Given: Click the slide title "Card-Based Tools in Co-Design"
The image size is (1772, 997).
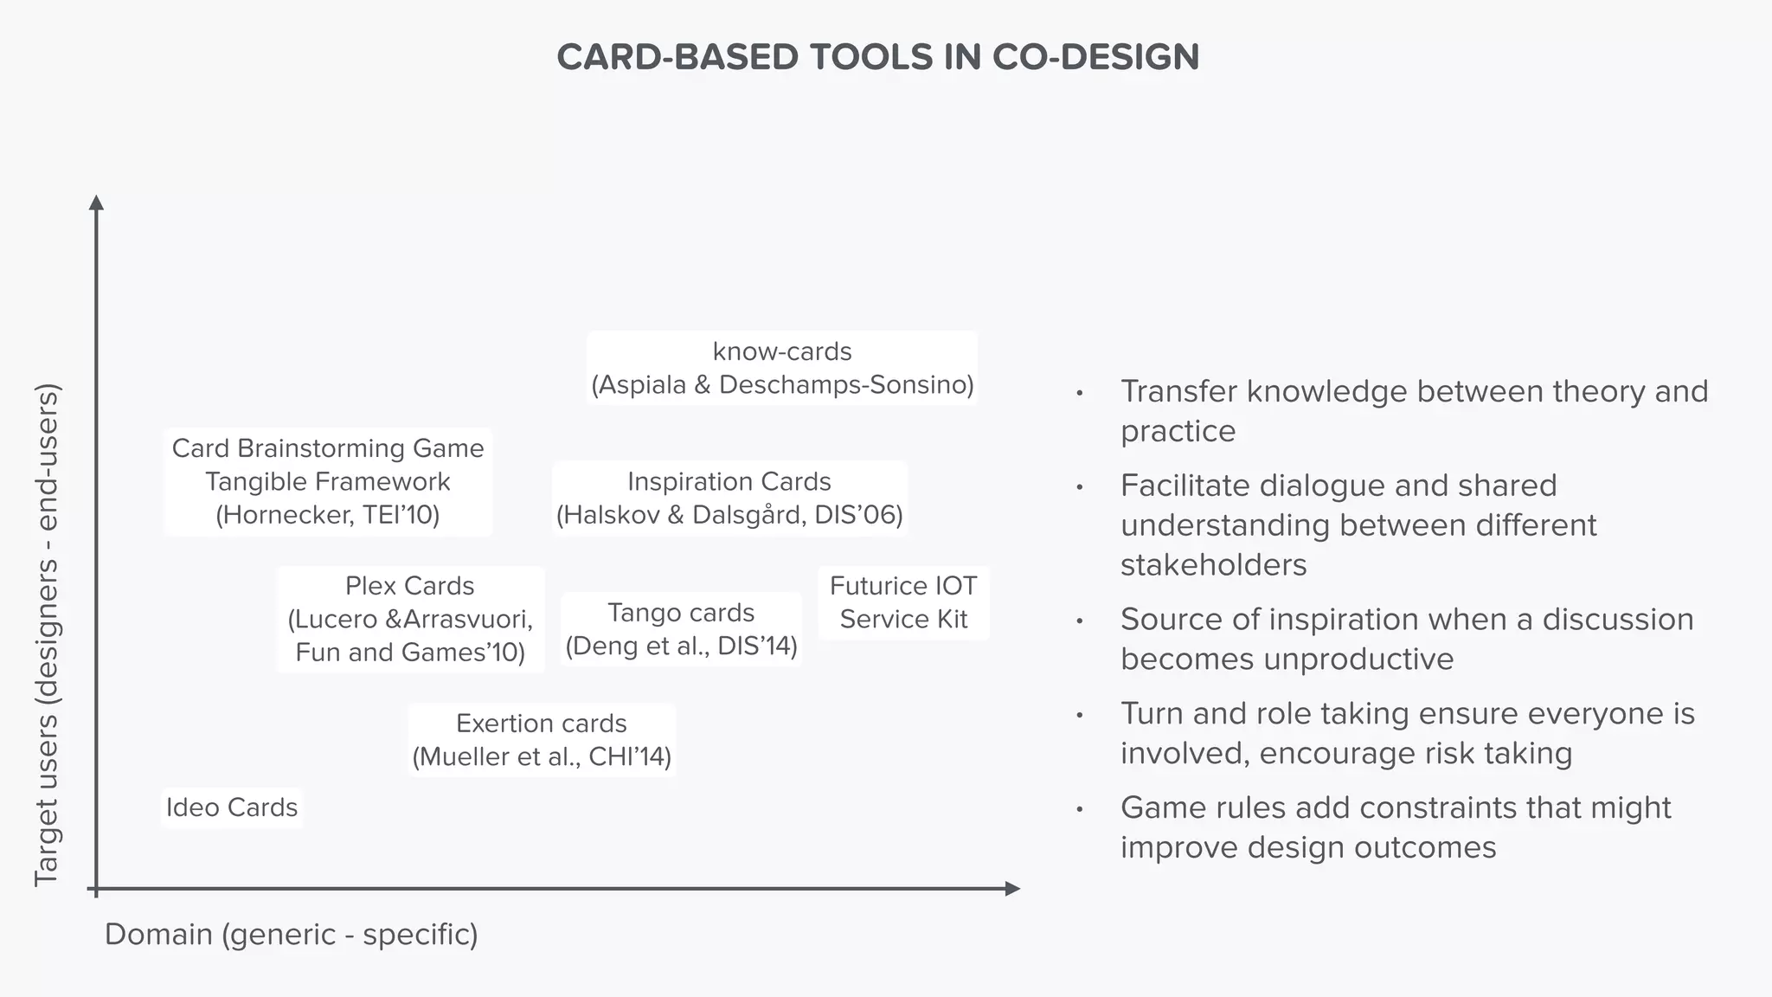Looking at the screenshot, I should (877, 57).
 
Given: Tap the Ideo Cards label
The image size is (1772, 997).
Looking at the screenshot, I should (232, 807).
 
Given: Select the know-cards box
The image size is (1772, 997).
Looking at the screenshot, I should (782, 368).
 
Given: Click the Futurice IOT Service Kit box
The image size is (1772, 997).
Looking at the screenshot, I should (903, 602).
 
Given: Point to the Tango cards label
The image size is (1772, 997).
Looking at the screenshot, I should (681, 613).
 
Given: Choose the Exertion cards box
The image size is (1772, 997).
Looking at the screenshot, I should (542, 739).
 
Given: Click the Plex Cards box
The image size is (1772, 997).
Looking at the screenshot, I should (410, 619).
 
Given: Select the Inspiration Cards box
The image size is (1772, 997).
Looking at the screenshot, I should (729, 498).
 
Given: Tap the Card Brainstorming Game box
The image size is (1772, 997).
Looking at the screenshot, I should (328, 481).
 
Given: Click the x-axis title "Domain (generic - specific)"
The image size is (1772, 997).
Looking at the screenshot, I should (291, 935).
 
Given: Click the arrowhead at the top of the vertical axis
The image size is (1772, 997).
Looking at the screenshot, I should (96, 203).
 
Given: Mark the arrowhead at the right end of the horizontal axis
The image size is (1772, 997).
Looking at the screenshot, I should (1012, 888).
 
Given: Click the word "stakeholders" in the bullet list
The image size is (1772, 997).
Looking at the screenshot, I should (1213, 565).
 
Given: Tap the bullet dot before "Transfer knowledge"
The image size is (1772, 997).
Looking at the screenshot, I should (1079, 393).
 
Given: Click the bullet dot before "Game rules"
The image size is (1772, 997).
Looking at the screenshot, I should (1079, 809).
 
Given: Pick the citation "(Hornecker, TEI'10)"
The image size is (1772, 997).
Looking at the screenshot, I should (328, 515).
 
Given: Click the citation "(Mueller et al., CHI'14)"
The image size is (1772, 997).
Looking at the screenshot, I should (542, 756).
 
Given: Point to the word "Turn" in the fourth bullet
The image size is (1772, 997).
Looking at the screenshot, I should (1151, 714).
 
